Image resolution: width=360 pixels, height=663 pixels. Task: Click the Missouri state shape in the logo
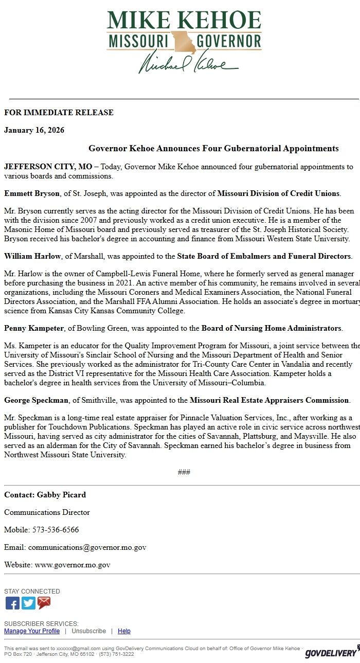pyautogui.click(x=184, y=42)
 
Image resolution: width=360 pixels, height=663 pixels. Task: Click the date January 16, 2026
pyautogui.click(x=34, y=130)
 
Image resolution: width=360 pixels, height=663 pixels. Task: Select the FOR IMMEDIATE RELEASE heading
pyautogui.click(x=59, y=113)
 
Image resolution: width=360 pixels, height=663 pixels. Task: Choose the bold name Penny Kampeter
pyautogui.click(x=34, y=328)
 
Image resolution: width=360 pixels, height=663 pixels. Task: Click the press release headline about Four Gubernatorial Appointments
pyautogui.click(x=213, y=149)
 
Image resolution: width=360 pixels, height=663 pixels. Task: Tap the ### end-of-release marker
pyautogui.click(x=184, y=472)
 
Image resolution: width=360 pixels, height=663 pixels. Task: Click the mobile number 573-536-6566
pyautogui.click(x=56, y=530)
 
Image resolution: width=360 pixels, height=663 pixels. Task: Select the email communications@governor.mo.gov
pyautogui.click(x=87, y=547)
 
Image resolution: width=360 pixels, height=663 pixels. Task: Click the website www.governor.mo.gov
pyautogui.click(x=73, y=565)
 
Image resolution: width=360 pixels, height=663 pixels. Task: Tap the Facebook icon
pyautogui.click(x=12, y=603)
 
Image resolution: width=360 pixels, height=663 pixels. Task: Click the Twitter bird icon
pyautogui.click(x=28, y=603)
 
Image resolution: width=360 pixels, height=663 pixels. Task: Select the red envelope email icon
pyautogui.click(x=44, y=603)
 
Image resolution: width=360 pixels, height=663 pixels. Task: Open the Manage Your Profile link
pyautogui.click(x=32, y=631)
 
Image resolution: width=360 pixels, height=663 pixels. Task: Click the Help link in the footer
pyautogui.click(x=124, y=631)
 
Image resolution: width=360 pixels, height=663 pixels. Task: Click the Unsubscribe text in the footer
pyautogui.click(x=88, y=631)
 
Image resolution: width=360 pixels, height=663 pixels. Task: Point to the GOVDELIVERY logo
pyautogui.click(x=331, y=652)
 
